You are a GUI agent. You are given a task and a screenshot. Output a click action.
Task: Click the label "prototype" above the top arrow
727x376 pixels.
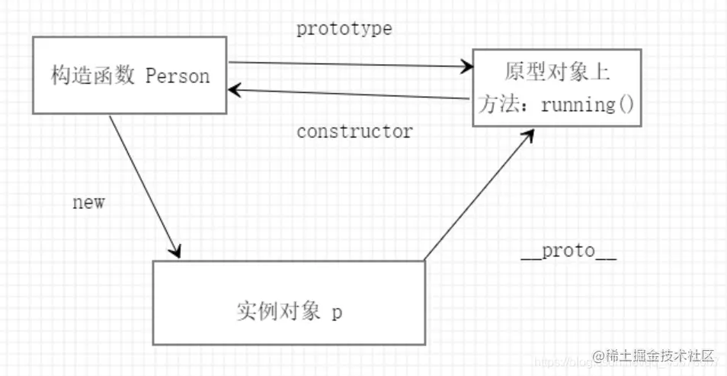(x=344, y=29)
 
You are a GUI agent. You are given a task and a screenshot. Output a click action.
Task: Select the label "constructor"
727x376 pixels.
(x=354, y=131)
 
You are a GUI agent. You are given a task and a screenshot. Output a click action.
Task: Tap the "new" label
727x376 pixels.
(x=88, y=203)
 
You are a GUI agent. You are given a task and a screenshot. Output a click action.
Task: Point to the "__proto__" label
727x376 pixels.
(x=568, y=252)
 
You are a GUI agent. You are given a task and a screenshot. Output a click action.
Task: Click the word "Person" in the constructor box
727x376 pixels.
(x=177, y=76)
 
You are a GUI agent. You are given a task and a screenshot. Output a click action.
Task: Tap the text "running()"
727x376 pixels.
(x=588, y=104)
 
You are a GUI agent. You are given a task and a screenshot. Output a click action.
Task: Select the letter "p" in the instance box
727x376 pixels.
(x=337, y=314)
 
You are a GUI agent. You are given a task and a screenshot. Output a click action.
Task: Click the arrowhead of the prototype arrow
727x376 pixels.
(x=466, y=67)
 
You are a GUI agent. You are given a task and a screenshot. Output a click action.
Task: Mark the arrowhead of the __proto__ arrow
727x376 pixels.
(x=529, y=134)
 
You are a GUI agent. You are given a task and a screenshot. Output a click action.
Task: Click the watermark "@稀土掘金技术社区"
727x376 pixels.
(x=655, y=356)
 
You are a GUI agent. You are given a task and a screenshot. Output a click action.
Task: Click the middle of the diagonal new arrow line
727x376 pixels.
(x=145, y=185)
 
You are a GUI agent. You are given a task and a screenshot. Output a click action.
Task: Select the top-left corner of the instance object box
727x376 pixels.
(x=153, y=262)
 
